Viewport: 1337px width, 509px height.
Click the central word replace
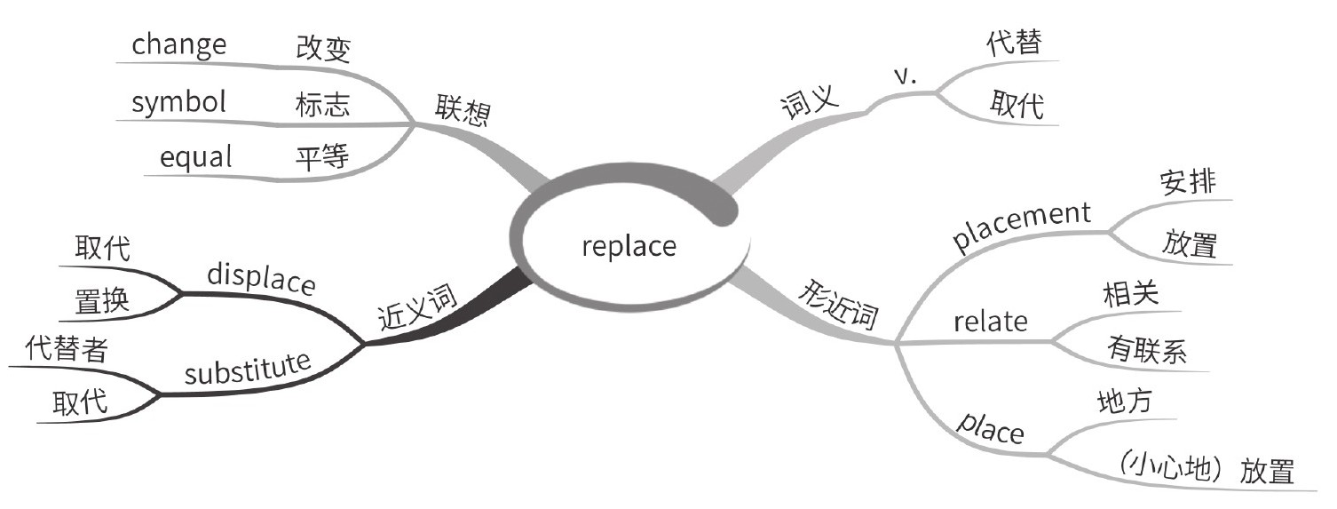[x=629, y=245]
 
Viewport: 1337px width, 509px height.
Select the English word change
[x=179, y=44]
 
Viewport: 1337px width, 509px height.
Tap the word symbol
[x=178, y=102]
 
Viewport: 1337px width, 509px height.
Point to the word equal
[x=196, y=157]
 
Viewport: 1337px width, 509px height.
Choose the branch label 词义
[x=809, y=104]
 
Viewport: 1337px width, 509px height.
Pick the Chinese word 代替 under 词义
[x=1014, y=44]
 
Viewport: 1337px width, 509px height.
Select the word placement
[x=1021, y=227]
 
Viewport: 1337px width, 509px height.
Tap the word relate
[x=990, y=321]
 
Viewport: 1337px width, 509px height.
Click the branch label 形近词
[x=839, y=305]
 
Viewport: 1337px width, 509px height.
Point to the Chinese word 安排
[x=1188, y=182]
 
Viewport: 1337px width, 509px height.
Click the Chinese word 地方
[x=1125, y=402]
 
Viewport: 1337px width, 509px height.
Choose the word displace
[x=261, y=279]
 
